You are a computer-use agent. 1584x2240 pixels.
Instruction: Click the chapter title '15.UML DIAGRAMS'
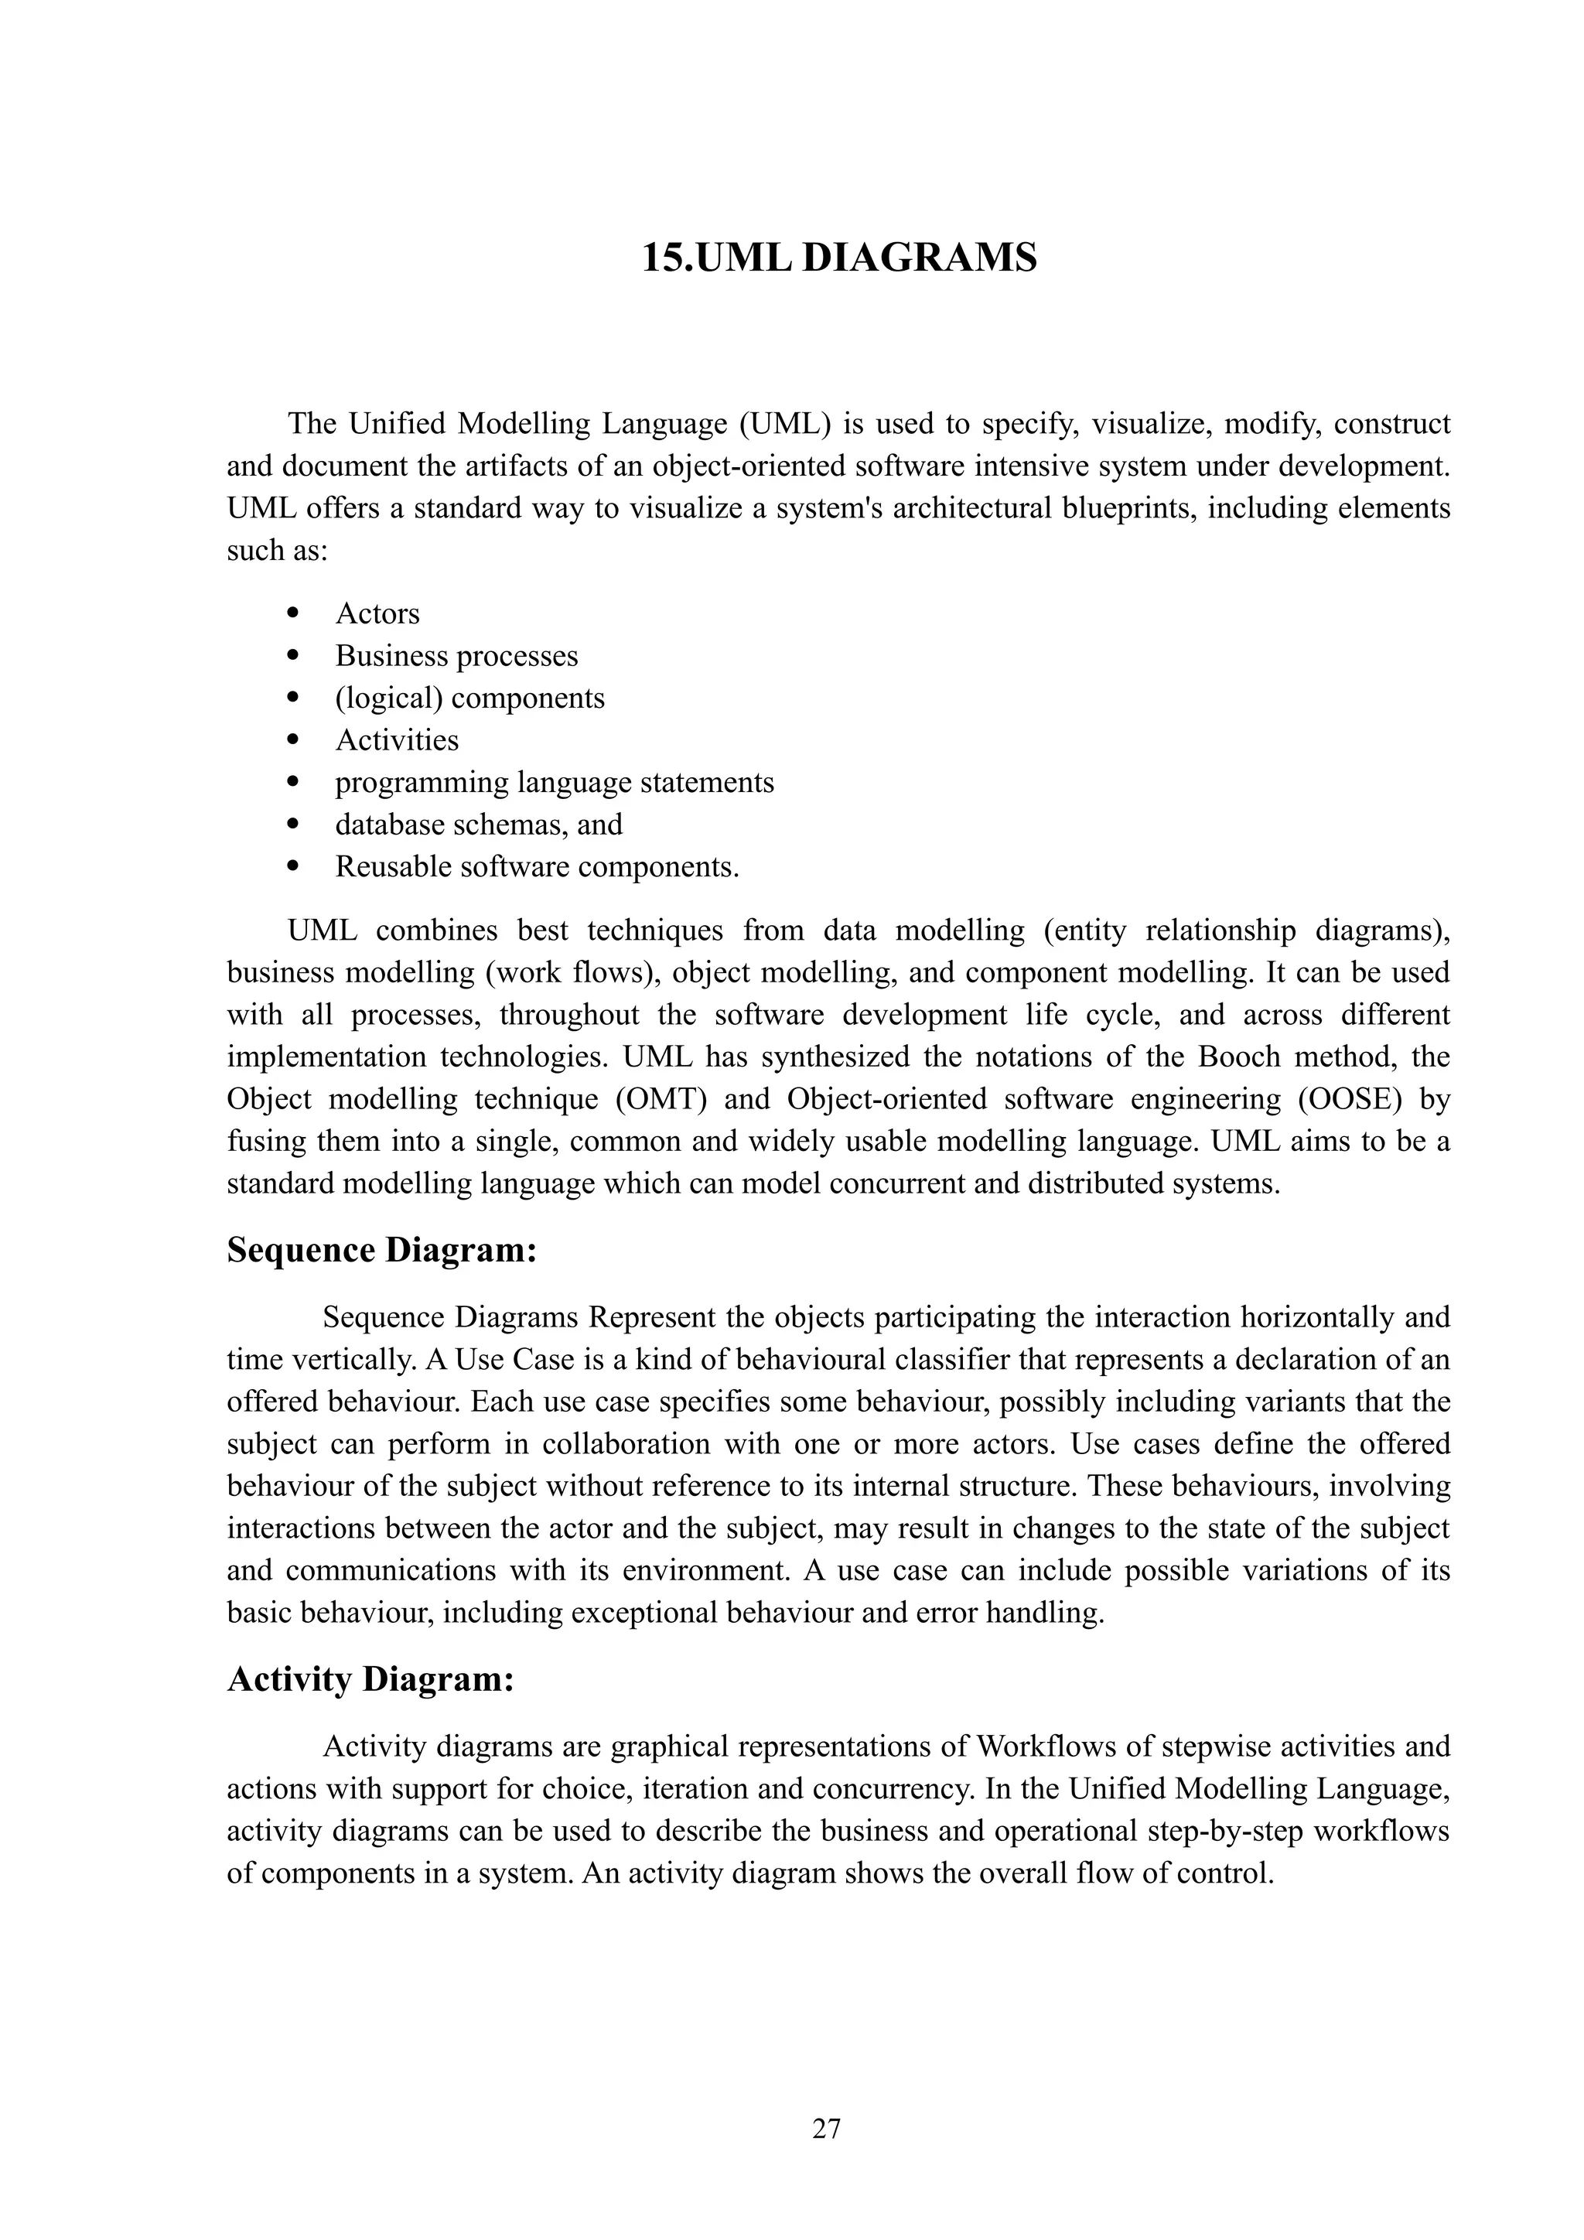pos(839,258)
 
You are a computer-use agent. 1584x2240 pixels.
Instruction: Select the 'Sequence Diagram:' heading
pos(381,1251)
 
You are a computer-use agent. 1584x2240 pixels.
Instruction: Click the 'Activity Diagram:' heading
pos(370,1679)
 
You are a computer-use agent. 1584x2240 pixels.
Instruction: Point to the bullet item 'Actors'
pos(377,613)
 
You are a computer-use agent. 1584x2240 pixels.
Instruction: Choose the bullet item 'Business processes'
pos(456,656)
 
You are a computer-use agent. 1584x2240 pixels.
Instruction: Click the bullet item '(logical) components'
pos(470,698)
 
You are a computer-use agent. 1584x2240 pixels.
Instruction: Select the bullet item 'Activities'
pos(397,739)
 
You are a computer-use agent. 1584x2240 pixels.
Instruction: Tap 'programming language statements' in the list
pos(554,783)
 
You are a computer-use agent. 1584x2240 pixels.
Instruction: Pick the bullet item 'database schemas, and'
pos(479,825)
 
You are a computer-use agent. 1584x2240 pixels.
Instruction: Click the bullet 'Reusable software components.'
pos(538,866)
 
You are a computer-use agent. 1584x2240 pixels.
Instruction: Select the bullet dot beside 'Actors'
pos(292,613)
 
